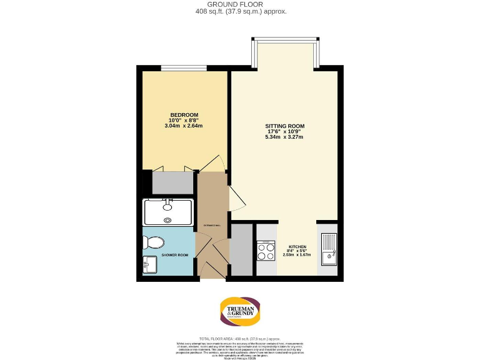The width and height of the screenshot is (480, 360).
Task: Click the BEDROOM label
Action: (184, 114)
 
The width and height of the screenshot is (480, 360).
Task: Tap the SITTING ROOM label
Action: (284, 126)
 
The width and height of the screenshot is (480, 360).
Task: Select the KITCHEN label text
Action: (297, 247)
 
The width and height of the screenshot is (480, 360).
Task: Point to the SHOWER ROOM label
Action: (174, 255)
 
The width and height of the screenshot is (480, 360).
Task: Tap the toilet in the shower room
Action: (156, 242)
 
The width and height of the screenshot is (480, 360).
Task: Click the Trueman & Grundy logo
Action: (240, 311)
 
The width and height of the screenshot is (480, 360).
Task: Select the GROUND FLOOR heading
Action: (241, 4)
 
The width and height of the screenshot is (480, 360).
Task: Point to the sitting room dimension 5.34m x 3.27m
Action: (284, 137)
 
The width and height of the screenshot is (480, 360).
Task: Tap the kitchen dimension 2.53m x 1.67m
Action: (297, 254)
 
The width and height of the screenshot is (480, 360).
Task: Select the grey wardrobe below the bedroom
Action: (173, 182)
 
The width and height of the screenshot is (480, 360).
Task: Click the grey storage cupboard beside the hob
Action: (241, 250)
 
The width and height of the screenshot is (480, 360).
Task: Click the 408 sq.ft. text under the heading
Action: (241, 11)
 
